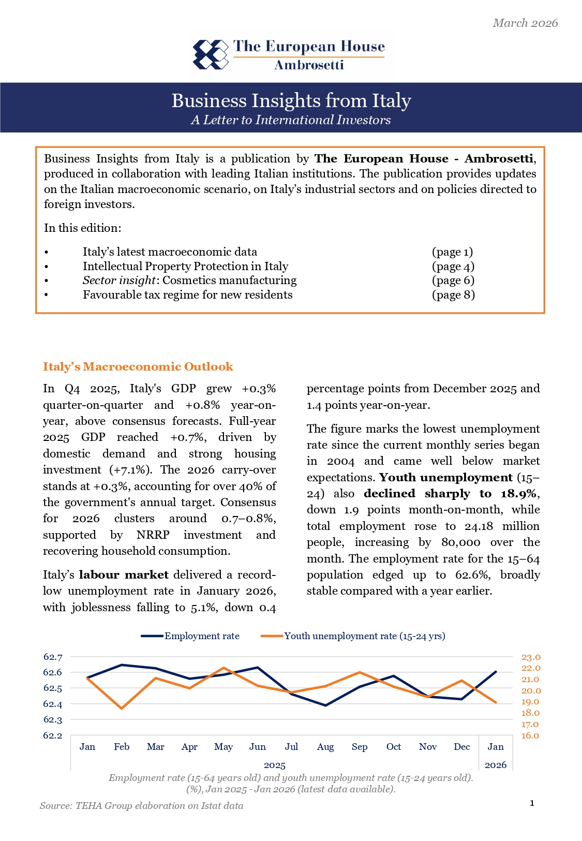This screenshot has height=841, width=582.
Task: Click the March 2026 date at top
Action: [525, 23]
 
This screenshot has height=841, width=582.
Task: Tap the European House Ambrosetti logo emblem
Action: [210, 54]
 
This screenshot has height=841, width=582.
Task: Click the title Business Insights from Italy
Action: [291, 100]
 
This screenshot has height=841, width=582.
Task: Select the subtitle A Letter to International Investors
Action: [291, 120]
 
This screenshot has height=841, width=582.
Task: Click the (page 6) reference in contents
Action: [453, 281]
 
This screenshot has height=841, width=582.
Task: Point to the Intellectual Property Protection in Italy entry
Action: [185, 266]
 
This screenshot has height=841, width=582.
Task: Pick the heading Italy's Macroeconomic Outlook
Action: [138, 366]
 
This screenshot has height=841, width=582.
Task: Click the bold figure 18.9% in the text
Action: [518, 493]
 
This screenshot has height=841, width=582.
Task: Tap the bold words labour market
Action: [124, 574]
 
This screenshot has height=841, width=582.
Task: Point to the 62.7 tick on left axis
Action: [52, 657]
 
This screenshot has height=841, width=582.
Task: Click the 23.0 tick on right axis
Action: [530, 657]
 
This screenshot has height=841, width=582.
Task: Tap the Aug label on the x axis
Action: [325, 747]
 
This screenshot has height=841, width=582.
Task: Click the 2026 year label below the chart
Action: [495, 765]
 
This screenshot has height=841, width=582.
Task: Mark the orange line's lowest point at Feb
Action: [122, 708]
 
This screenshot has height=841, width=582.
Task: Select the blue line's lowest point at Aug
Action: [325, 705]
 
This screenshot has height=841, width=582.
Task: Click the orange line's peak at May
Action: [223, 668]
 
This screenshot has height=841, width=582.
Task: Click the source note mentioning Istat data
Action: [141, 806]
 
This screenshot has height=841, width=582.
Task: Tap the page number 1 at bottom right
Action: [532, 803]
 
